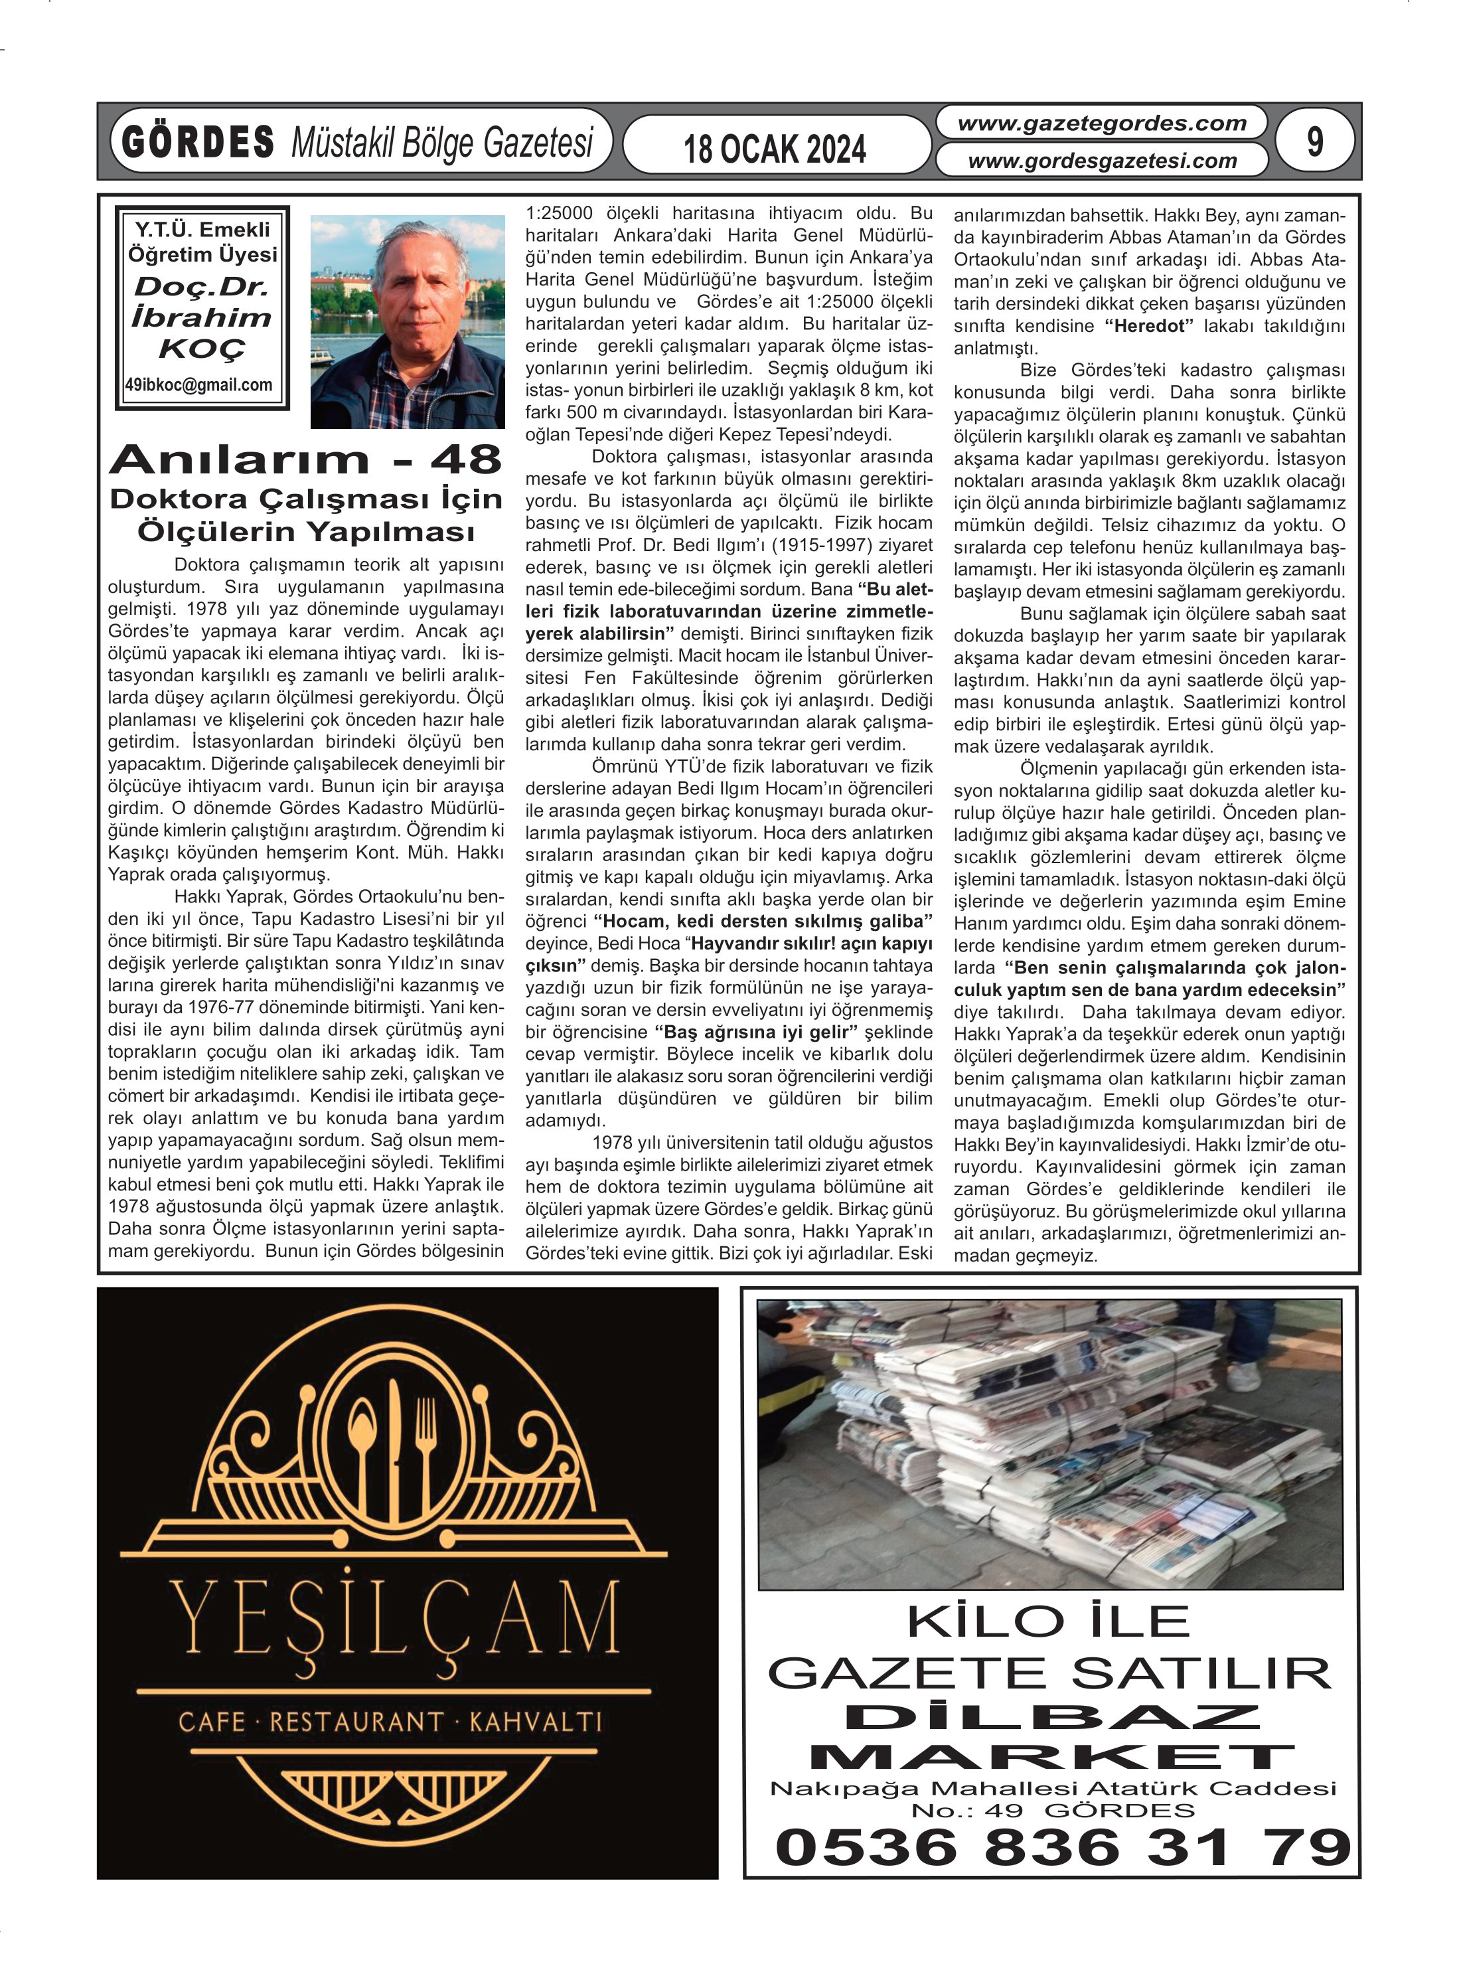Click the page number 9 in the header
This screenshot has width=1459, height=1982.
(1314, 141)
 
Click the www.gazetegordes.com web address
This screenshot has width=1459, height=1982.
(1101, 124)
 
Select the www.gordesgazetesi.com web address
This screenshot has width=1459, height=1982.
(1101, 161)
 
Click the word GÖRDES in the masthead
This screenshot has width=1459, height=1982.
(198, 142)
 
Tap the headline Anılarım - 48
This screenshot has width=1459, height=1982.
(305, 459)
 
